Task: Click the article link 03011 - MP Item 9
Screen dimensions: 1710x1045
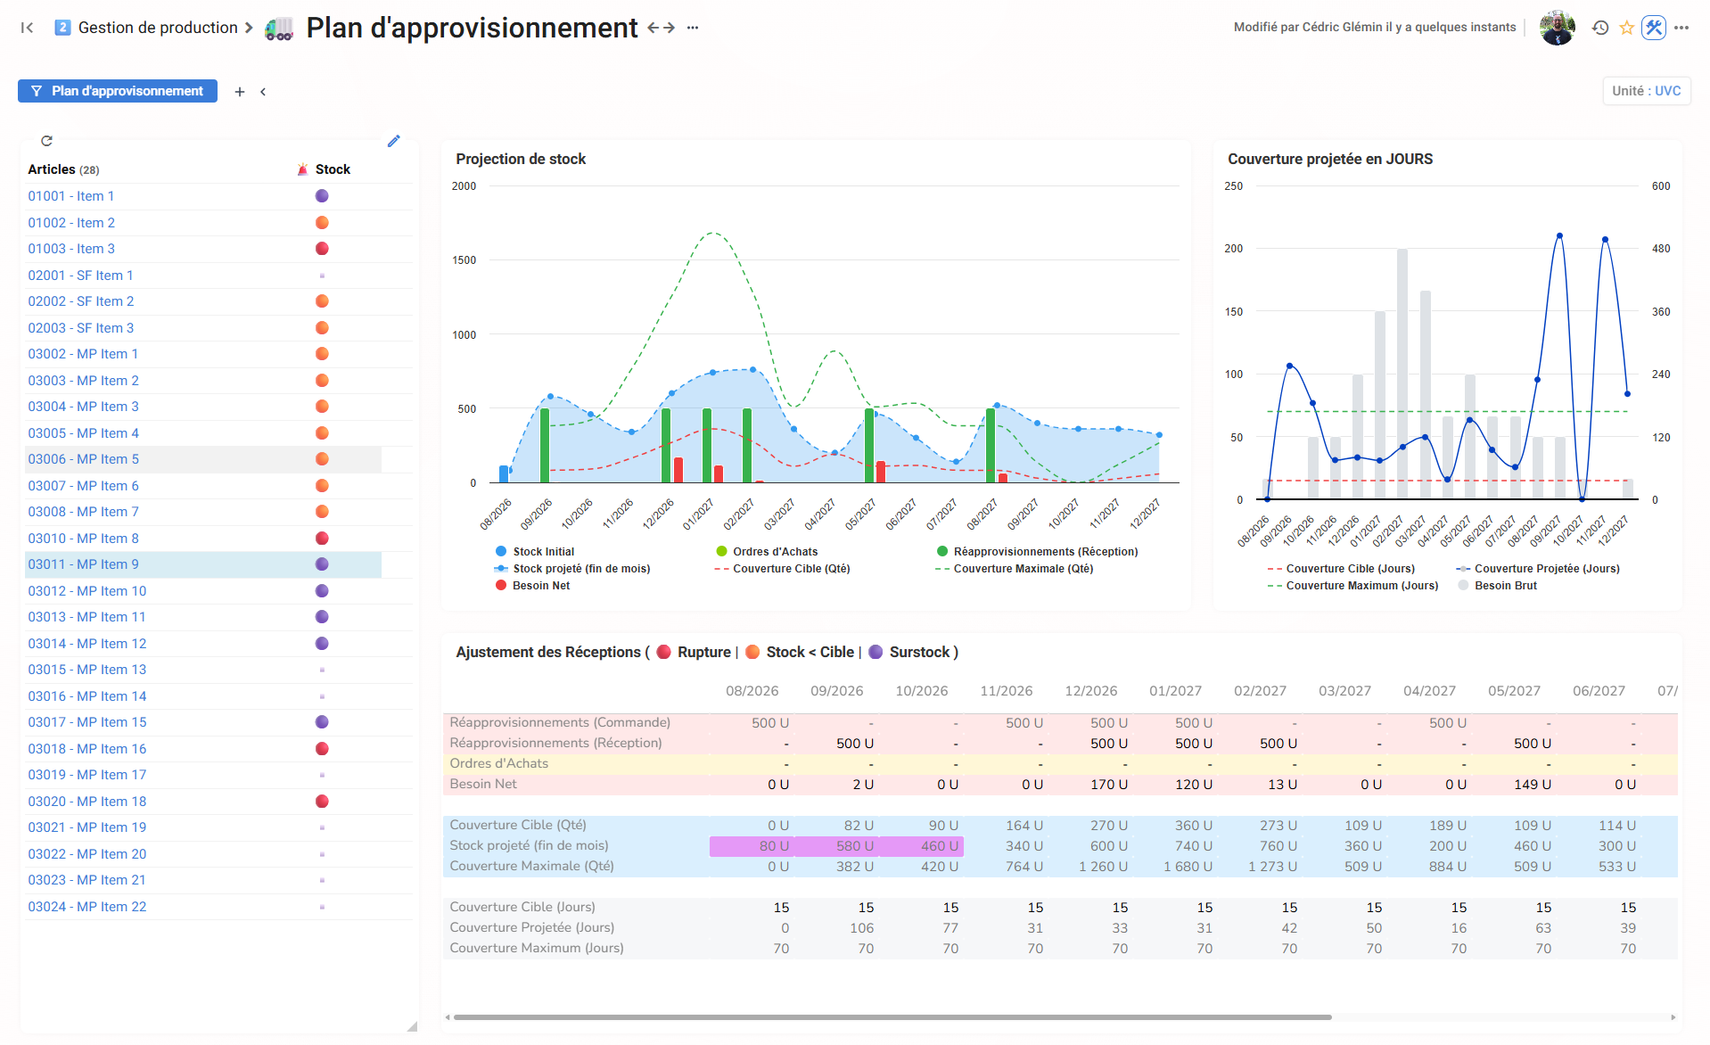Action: [x=83, y=564]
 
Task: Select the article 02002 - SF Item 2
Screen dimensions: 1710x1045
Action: [x=80, y=301]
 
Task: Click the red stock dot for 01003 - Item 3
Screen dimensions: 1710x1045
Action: [x=322, y=249]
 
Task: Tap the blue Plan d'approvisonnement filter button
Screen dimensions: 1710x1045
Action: [x=118, y=91]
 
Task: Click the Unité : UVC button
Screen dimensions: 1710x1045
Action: [x=1646, y=91]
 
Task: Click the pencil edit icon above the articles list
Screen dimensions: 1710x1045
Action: [x=394, y=141]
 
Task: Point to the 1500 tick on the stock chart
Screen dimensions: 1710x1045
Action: [x=464, y=260]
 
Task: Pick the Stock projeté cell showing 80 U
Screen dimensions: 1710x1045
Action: [x=752, y=846]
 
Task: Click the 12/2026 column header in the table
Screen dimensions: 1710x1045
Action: [x=1090, y=691]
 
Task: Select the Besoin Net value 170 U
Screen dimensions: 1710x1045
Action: [x=1108, y=785]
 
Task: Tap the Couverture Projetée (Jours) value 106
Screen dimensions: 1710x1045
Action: [x=861, y=928]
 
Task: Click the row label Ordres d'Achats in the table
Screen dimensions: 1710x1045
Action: [x=498, y=764]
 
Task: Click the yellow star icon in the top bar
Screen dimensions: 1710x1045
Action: [x=1626, y=28]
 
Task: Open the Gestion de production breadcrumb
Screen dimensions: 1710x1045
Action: [x=158, y=28]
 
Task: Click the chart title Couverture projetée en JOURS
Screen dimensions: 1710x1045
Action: [x=1330, y=160]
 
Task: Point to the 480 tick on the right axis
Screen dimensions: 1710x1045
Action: [x=1661, y=249]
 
